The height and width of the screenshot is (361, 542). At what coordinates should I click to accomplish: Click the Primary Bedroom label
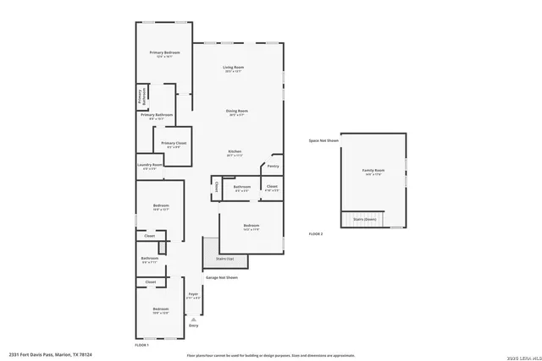166,53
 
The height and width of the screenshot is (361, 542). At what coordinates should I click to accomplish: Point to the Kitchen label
235,151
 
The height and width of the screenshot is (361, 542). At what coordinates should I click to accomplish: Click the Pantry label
274,166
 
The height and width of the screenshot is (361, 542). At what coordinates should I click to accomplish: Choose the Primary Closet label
174,143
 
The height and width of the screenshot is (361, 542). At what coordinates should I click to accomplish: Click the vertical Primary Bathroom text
141,96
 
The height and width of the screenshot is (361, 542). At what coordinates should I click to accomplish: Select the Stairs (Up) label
224,259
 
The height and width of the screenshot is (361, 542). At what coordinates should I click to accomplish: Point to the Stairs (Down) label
364,218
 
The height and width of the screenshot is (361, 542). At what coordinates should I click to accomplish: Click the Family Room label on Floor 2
373,171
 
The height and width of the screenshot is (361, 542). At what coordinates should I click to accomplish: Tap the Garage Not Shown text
222,277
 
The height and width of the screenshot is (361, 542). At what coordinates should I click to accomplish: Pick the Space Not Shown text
324,140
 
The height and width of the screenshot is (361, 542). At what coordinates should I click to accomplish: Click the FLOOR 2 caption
316,232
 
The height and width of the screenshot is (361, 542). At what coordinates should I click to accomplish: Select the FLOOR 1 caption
142,345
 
